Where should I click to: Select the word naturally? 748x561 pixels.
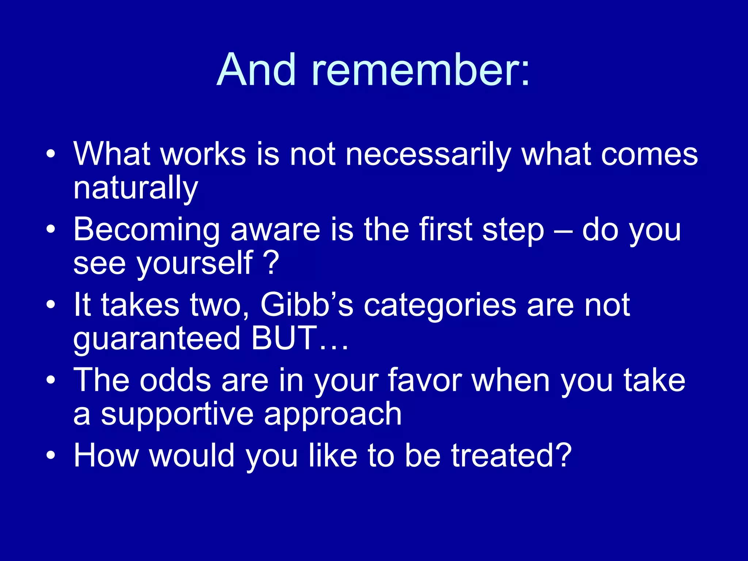click(136, 189)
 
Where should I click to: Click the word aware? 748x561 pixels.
click(275, 230)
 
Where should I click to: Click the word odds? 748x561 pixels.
click(175, 381)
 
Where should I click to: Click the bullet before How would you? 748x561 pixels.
click(51, 455)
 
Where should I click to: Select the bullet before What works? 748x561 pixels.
click(51, 154)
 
